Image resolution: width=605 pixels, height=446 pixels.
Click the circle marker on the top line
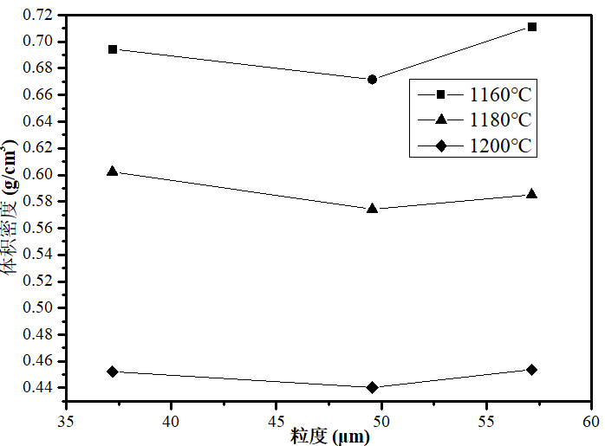click(373, 80)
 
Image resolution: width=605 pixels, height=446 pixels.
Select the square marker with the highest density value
click(532, 27)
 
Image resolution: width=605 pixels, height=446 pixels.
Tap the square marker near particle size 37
click(113, 49)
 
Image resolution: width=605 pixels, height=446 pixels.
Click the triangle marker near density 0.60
click(113, 171)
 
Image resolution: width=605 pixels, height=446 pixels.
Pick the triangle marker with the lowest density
click(373, 208)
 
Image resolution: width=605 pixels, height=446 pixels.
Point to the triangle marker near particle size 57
click(532, 194)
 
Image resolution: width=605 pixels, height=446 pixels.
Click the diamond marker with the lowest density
click(373, 387)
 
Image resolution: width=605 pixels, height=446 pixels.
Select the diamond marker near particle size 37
click(113, 372)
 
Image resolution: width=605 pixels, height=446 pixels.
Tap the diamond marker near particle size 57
click(532, 370)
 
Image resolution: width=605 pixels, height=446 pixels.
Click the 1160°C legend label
click(501, 94)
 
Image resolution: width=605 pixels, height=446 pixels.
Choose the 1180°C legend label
click(501, 120)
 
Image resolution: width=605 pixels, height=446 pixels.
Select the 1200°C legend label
click(501, 146)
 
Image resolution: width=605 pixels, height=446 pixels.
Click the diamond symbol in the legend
click(441, 146)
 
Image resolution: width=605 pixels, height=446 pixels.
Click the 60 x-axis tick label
click(590, 422)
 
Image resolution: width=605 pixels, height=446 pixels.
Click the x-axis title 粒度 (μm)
click(329, 436)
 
